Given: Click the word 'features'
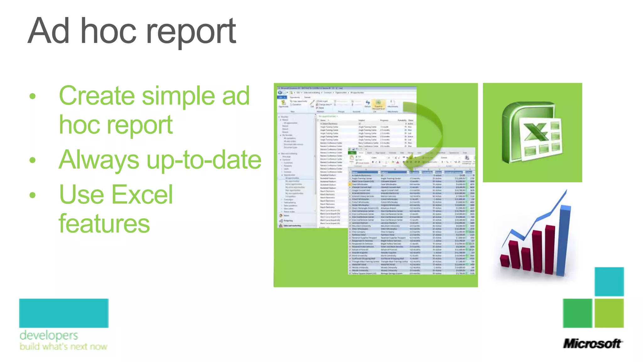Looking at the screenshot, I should point(104,224).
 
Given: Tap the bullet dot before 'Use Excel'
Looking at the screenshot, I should point(33,195).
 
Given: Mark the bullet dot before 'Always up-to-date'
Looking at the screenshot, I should point(33,160).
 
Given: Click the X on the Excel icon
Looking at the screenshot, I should point(536,132).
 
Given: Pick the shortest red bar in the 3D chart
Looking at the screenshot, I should point(505,261).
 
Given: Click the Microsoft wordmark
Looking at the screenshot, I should point(592,344).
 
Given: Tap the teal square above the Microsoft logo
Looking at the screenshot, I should point(609,282).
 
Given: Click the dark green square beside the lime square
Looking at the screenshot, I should point(577,313).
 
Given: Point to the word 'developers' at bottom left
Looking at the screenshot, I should point(49,336).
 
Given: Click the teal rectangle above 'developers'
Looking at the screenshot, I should point(64,313).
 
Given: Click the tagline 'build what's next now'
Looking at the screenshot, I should point(63,347).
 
